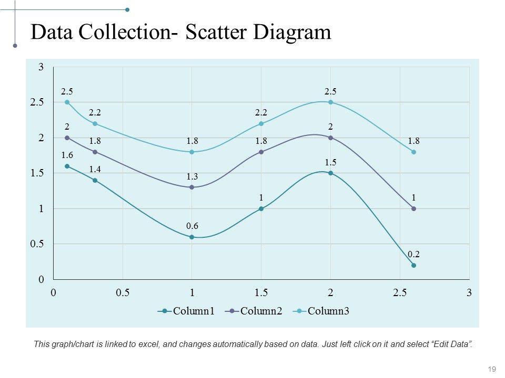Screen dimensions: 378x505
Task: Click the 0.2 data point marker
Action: (414, 265)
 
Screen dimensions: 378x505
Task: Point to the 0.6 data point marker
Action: (192, 237)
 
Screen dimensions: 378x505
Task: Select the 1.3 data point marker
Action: (192, 187)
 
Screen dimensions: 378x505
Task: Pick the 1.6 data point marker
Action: (67, 166)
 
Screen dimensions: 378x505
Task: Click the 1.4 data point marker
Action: (95, 180)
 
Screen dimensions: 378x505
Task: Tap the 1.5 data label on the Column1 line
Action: (330, 162)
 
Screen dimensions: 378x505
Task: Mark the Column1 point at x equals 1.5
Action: (261, 209)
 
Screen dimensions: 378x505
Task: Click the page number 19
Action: (492, 369)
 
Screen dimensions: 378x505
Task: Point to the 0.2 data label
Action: (413, 254)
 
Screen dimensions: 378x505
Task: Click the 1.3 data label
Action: (192, 176)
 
